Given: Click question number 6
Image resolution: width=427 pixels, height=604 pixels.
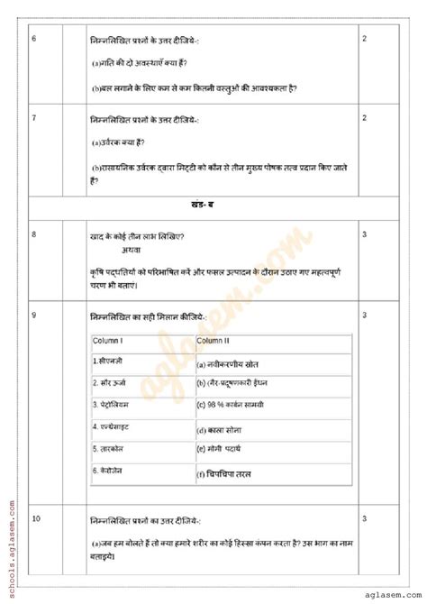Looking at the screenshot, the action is [33, 40].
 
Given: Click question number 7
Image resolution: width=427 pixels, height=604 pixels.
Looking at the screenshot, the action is [33, 118].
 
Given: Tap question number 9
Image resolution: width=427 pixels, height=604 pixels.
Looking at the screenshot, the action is [33, 315].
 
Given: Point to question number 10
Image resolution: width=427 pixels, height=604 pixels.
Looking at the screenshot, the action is [35, 519].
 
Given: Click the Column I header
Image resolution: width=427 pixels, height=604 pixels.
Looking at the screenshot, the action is [108, 341].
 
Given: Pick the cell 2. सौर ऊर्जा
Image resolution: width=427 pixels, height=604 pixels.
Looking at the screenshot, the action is [113, 382].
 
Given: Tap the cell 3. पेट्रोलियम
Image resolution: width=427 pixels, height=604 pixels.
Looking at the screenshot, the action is [114, 404].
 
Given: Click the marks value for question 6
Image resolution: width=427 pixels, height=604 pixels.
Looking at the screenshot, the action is [364, 40].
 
